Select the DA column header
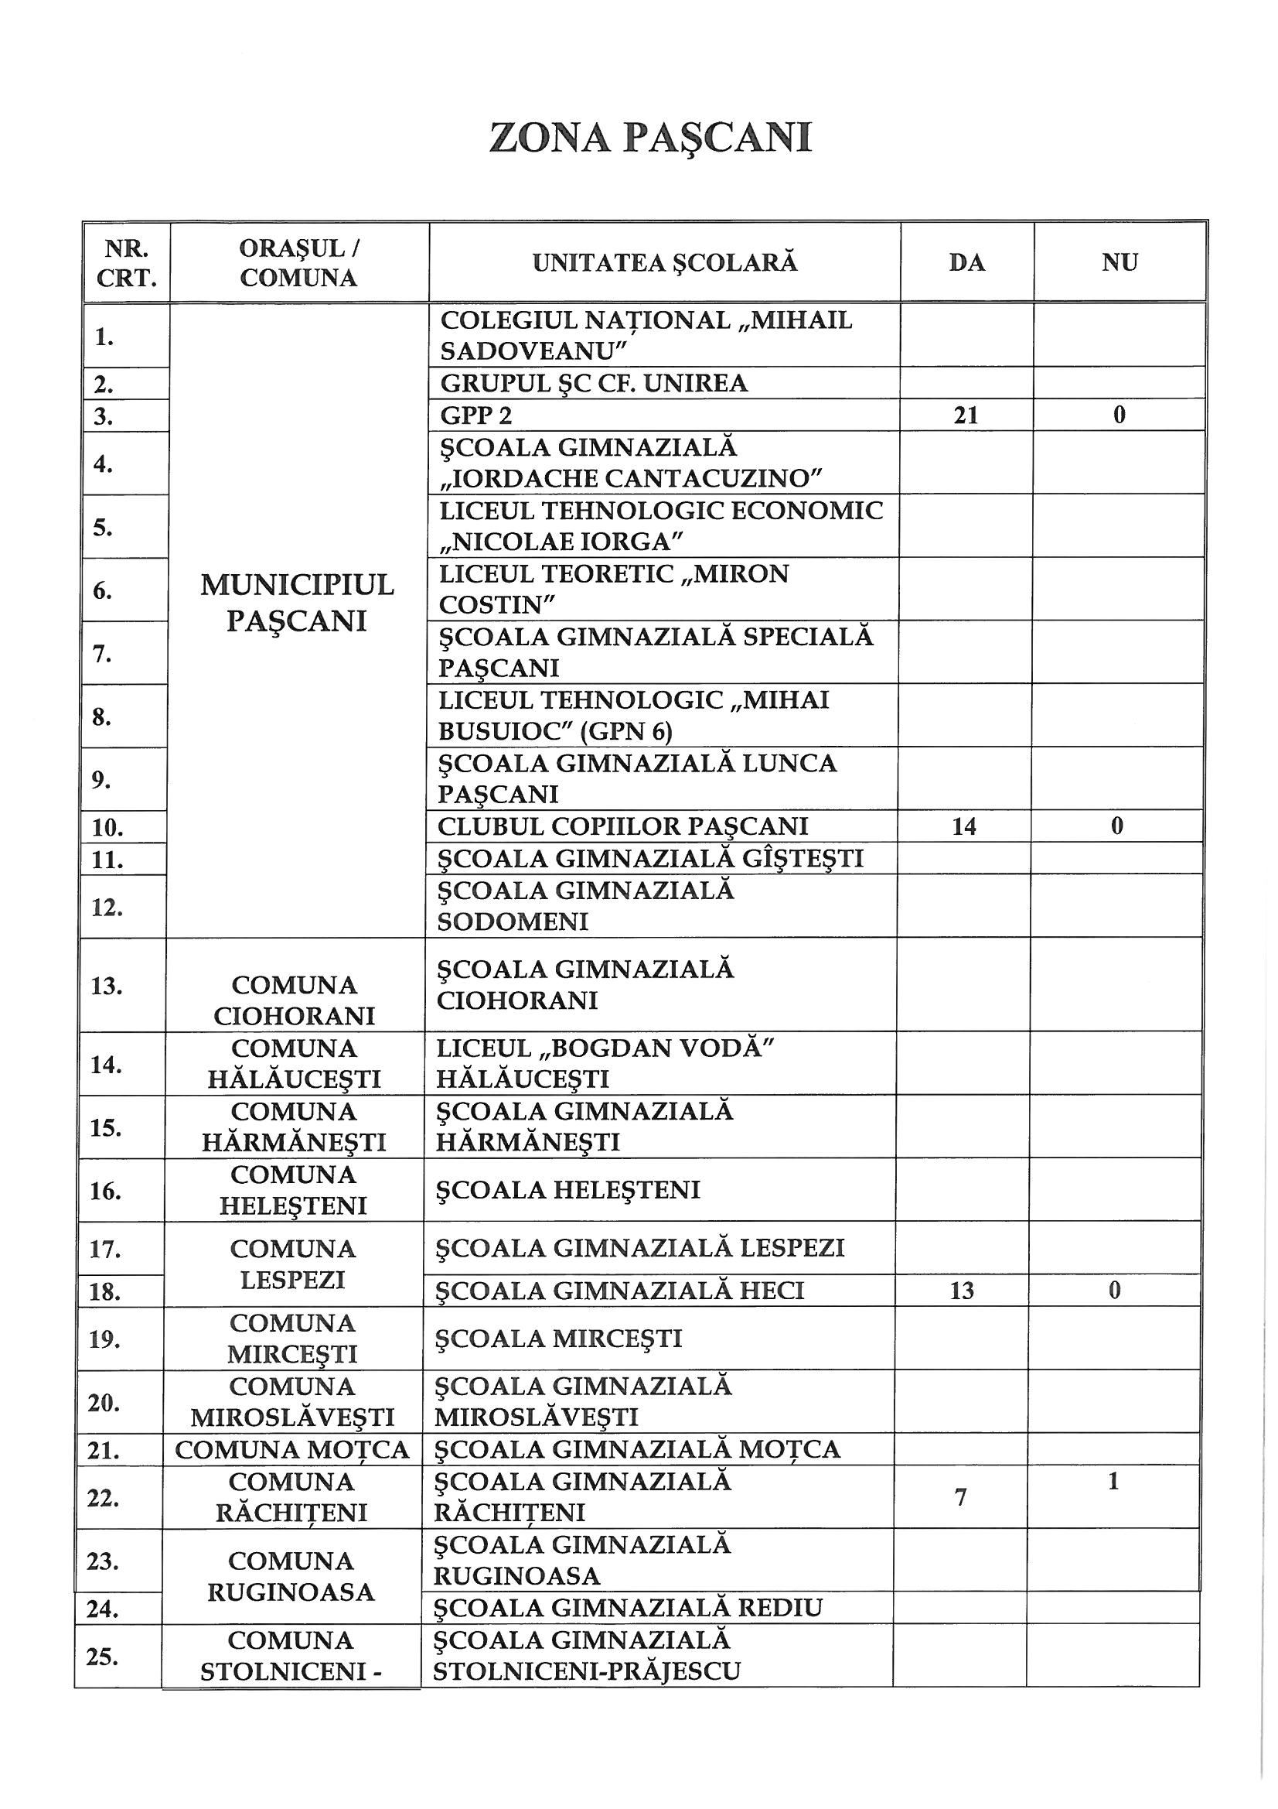point(966,263)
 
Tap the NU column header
point(1119,263)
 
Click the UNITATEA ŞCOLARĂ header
point(665,263)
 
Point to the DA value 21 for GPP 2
point(966,415)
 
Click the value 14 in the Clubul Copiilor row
point(964,826)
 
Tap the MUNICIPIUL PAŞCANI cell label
point(297,603)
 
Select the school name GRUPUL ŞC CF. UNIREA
point(594,384)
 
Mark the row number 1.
point(104,337)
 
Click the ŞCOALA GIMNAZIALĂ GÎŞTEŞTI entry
point(650,858)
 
